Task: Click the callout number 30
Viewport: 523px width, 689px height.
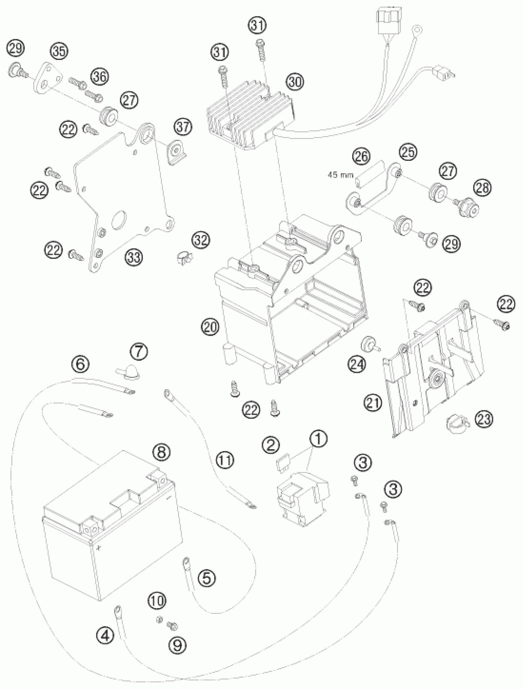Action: point(295,82)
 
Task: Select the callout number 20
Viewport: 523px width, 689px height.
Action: point(210,327)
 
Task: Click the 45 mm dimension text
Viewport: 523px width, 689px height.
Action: point(340,175)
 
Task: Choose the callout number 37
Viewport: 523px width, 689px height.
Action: point(183,127)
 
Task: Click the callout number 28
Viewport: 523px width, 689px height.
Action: point(482,188)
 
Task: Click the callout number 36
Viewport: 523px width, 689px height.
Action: point(100,76)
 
